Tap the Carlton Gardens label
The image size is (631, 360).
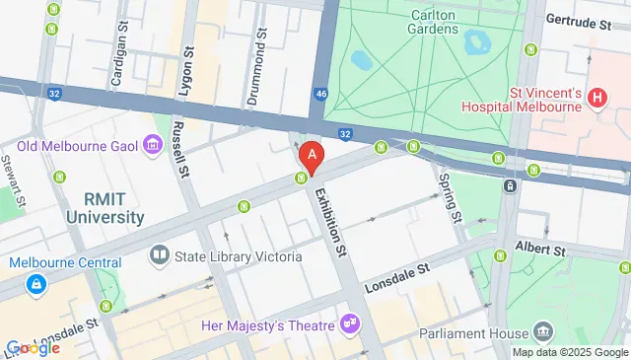point(434,20)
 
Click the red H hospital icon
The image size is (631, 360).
point(596,98)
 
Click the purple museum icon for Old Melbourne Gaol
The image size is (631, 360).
point(153,148)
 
